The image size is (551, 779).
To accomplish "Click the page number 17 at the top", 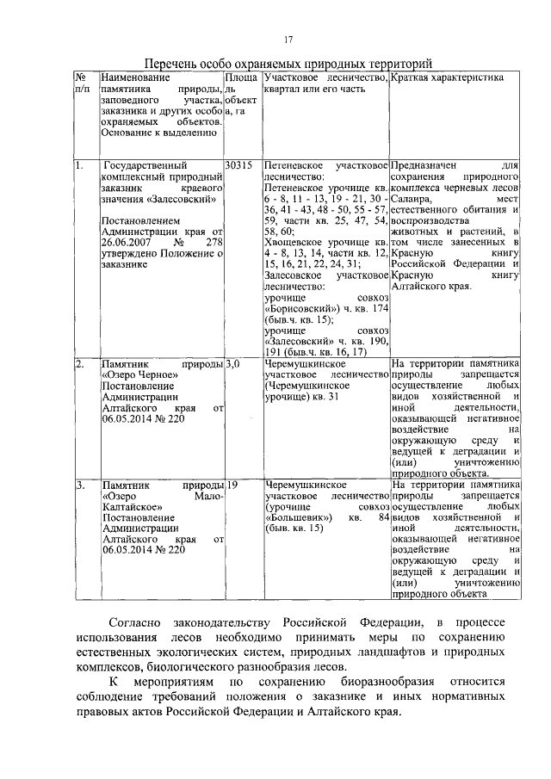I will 291,40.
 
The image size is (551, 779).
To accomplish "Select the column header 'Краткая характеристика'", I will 434,77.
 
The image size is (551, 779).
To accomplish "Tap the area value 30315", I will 238,164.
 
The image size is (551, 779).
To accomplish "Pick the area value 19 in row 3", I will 232,485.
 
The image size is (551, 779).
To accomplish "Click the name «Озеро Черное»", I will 134,376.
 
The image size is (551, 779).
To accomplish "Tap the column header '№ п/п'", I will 83,83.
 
